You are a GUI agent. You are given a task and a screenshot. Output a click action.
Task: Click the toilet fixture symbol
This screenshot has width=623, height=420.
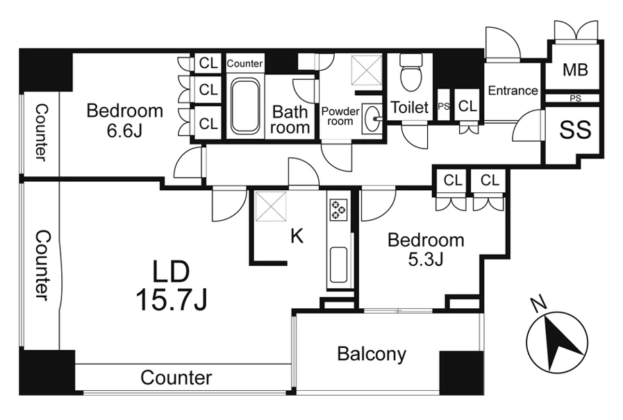(x=411, y=73)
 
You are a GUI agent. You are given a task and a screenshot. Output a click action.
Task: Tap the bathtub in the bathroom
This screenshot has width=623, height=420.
(x=245, y=106)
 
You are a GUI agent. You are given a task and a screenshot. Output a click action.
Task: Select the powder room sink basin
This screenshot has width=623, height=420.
(x=372, y=118)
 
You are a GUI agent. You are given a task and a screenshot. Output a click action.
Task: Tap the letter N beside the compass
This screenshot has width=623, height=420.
(x=538, y=305)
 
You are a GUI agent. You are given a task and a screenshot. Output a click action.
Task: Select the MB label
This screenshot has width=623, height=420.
(x=575, y=70)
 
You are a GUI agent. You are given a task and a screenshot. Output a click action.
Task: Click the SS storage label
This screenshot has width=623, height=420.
(x=575, y=129)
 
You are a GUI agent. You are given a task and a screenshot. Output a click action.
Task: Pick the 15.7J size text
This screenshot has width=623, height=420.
(x=172, y=299)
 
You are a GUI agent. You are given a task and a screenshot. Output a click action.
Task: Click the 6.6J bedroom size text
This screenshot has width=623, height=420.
(x=124, y=131)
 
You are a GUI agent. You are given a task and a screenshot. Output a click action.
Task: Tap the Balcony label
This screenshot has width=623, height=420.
(x=372, y=354)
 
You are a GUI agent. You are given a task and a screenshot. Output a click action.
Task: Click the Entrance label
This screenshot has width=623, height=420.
(x=513, y=90)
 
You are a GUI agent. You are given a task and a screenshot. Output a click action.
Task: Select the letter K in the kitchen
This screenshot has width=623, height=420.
(x=297, y=236)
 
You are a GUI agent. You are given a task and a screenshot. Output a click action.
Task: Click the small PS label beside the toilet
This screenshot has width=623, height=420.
(x=444, y=106)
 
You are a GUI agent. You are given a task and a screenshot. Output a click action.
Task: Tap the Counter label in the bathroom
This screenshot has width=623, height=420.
(x=244, y=63)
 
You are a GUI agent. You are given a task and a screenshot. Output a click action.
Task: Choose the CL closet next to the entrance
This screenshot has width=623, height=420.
(x=467, y=106)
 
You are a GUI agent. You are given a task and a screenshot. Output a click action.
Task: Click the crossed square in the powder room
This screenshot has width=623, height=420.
(x=366, y=70)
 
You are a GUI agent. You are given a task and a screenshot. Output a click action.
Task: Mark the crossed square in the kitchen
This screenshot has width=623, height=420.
(x=271, y=206)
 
